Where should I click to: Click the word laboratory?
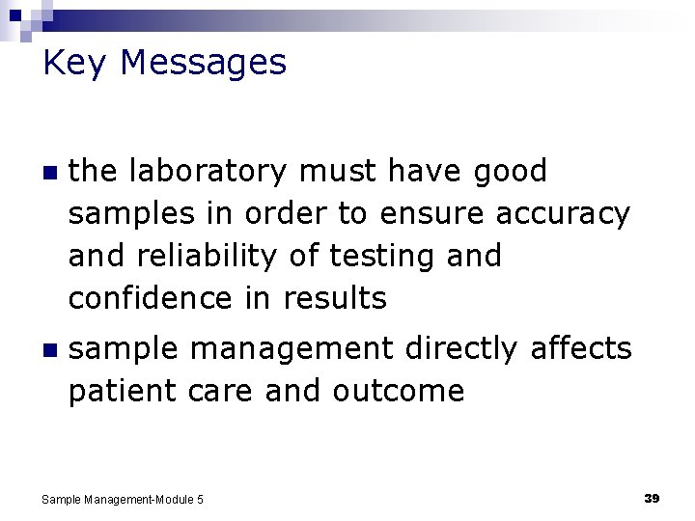(x=207, y=172)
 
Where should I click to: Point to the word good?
(x=510, y=172)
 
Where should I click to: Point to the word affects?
(x=581, y=349)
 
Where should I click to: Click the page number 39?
(x=652, y=498)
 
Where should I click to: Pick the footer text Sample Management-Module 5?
(x=123, y=499)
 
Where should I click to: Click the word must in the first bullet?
(x=337, y=172)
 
